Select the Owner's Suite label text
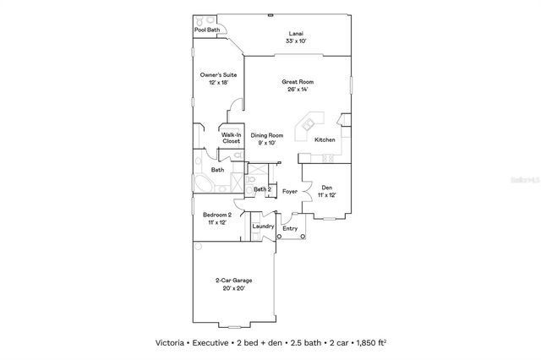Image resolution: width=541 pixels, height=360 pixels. (x=218, y=75)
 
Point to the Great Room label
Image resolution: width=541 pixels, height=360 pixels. (x=297, y=82)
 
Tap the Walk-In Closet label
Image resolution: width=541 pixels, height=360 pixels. (x=232, y=138)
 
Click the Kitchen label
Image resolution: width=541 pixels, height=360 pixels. (x=325, y=139)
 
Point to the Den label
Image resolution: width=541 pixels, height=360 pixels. (x=326, y=188)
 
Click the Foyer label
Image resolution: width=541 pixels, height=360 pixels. (x=289, y=191)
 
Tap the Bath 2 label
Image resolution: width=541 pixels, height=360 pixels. (x=262, y=189)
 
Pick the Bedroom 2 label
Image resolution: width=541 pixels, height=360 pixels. (x=216, y=215)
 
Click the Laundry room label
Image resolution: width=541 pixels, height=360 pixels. (x=262, y=226)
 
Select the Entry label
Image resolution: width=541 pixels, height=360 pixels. (x=290, y=228)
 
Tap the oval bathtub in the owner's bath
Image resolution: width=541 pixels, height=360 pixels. (x=204, y=183)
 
